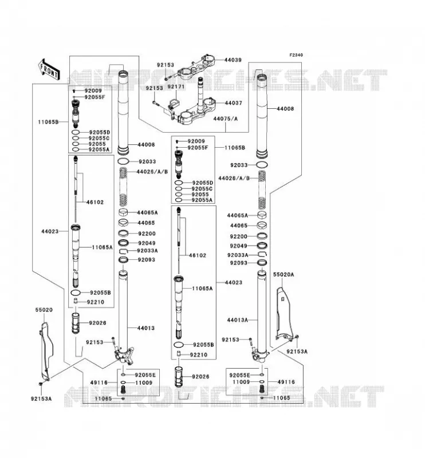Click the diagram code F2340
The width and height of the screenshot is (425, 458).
tap(296, 55)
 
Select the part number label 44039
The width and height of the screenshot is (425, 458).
tap(233, 60)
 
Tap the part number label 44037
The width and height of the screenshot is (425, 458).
tap(233, 103)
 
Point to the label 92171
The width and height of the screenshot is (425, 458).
tap(176, 87)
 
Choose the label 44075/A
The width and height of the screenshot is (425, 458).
tap(225, 119)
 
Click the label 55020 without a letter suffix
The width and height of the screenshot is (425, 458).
tap(44, 310)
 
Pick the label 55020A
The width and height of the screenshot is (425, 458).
tap(284, 275)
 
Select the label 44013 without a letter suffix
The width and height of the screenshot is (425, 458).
tap(146, 328)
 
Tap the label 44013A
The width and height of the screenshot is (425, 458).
tap(237, 320)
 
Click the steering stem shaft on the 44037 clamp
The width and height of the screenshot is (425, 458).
tap(200, 94)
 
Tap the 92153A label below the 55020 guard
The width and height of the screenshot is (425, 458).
tap(41, 398)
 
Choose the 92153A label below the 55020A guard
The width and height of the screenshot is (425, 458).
tap(297, 352)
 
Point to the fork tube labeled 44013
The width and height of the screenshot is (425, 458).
tap(123, 310)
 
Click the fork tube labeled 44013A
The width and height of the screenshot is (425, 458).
tap(262, 310)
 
